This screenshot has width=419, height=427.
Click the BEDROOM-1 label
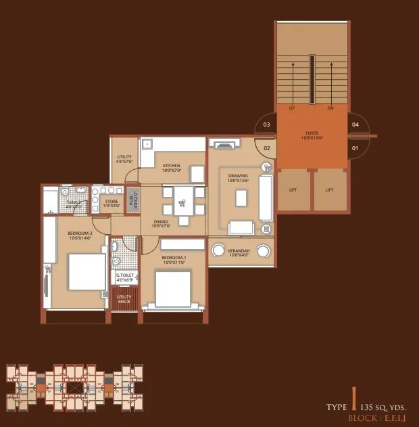(x=173, y=258)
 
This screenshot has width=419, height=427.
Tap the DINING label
(x=160, y=222)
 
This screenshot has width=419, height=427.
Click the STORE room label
(x=112, y=201)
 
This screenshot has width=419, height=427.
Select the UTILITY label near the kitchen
(x=124, y=158)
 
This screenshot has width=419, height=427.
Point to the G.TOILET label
(x=124, y=275)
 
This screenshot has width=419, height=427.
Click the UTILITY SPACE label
(x=124, y=299)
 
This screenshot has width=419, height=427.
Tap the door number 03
(x=266, y=125)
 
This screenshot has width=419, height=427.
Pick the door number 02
(x=266, y=147)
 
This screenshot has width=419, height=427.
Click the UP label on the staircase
(x=291, y=108)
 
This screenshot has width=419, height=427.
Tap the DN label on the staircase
(x=330, y=108)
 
